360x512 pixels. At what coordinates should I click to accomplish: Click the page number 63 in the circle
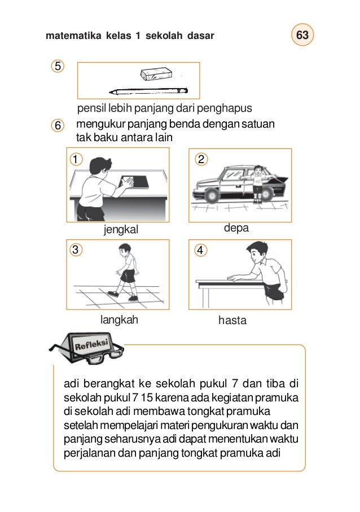click(x=303, y=36)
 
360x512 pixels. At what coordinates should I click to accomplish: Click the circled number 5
click(x=56, y=66)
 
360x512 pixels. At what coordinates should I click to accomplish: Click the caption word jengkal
click(x=121, y=230)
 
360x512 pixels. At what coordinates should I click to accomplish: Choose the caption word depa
click(x=236, y=227)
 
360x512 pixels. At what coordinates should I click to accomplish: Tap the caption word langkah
click(x=119, y=320)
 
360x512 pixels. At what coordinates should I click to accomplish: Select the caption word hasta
click(x=232, y=320)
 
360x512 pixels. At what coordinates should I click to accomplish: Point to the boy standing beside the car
click(x=258, y=182)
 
